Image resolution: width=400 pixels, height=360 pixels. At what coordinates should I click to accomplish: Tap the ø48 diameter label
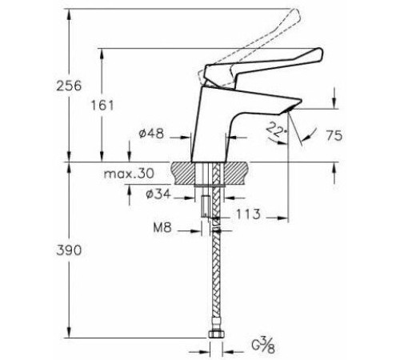click(151, 134)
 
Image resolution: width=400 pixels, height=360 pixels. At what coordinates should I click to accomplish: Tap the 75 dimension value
click(334, 136)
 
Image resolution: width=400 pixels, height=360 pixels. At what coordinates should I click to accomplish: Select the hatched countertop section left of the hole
click(183, 173)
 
